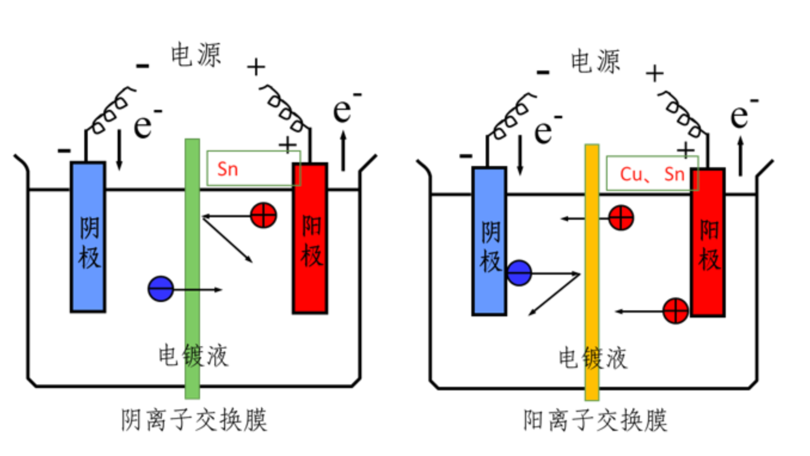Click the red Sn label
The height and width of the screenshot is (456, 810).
click(228, 169)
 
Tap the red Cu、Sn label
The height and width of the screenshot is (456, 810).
click(652, 174)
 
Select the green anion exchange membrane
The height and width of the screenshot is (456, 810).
click(192, 269)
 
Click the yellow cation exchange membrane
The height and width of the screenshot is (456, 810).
click(591, 272)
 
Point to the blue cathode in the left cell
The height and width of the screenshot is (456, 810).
click(88, 237)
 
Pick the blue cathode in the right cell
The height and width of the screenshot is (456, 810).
click(489, 241)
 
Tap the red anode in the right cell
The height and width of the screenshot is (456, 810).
click(708, 242)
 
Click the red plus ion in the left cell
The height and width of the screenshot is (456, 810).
click(263, 215)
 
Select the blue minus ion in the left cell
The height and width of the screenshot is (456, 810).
click(161, 289)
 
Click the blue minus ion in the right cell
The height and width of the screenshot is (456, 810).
click(519, 273)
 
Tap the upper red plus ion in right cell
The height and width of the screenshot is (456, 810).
click(621, 217)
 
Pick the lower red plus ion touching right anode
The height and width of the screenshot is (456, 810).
click(676, 311)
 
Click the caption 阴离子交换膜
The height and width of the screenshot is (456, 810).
click(194, 420)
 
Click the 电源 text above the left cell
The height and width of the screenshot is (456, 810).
click(196, 55)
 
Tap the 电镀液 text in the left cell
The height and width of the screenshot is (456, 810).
click(193, 356)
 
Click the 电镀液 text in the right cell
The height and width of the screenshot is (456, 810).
click(593, 359)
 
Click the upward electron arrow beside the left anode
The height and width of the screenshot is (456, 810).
click(343, 151)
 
